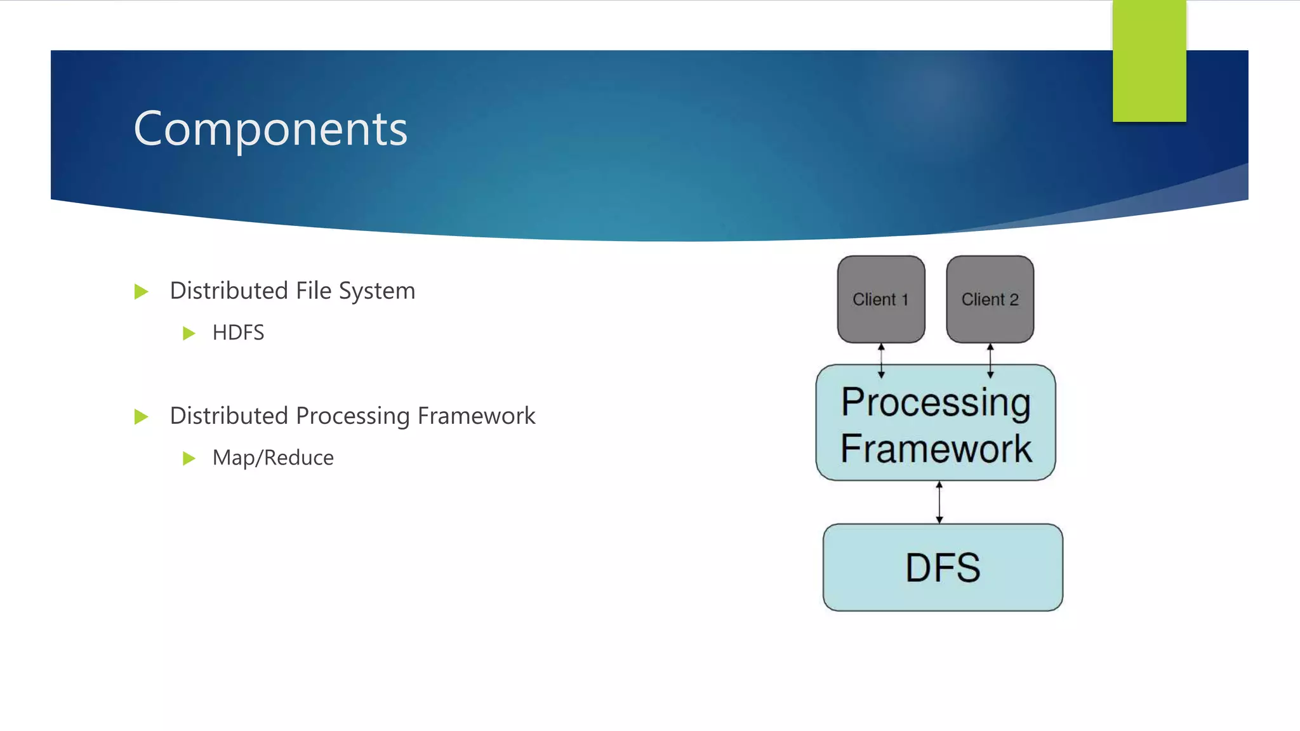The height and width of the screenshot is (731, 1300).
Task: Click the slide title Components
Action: pyautogui.click(x=270, y=129)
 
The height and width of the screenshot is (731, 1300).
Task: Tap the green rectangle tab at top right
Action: pyautogui.click(x=1149, y=60)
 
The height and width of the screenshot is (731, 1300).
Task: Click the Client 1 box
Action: pyautogui.click(x=880, y=300)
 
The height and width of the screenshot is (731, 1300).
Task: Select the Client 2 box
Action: pyautogui.click(x=990, y=300)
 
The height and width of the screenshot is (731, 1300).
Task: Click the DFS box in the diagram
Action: pyautogui.click(x=943, y=567)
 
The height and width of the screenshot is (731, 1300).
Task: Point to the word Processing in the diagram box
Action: pyautogui.click(x=936, y=402)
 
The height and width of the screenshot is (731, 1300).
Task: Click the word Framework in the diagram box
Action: pyautogui.click(x=936, y=449)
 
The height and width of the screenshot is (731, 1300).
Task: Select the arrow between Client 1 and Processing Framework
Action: pyautogui.click(x=881, y=360)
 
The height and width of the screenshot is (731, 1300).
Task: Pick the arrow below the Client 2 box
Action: pyautogui.click(x=990, y=360)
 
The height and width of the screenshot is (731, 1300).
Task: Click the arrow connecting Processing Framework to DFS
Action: pyautogui.click(x=939, y=502)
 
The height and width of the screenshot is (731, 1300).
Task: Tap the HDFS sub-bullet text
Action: pyautogui.click(x=238, y=333)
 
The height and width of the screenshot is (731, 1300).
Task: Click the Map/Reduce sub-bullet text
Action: pyautogui.click(x=273, y=458)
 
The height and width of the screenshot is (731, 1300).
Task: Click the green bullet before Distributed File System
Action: pyautogui.click(x=141, y=292)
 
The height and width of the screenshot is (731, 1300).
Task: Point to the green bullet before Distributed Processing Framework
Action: pyautogui.click(x=141, y=417)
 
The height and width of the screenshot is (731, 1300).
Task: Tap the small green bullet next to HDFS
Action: pyautogui.click(x=189, y=333)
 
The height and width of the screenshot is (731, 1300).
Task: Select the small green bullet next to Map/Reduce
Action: pyautogui.click(x=189, y=458)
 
